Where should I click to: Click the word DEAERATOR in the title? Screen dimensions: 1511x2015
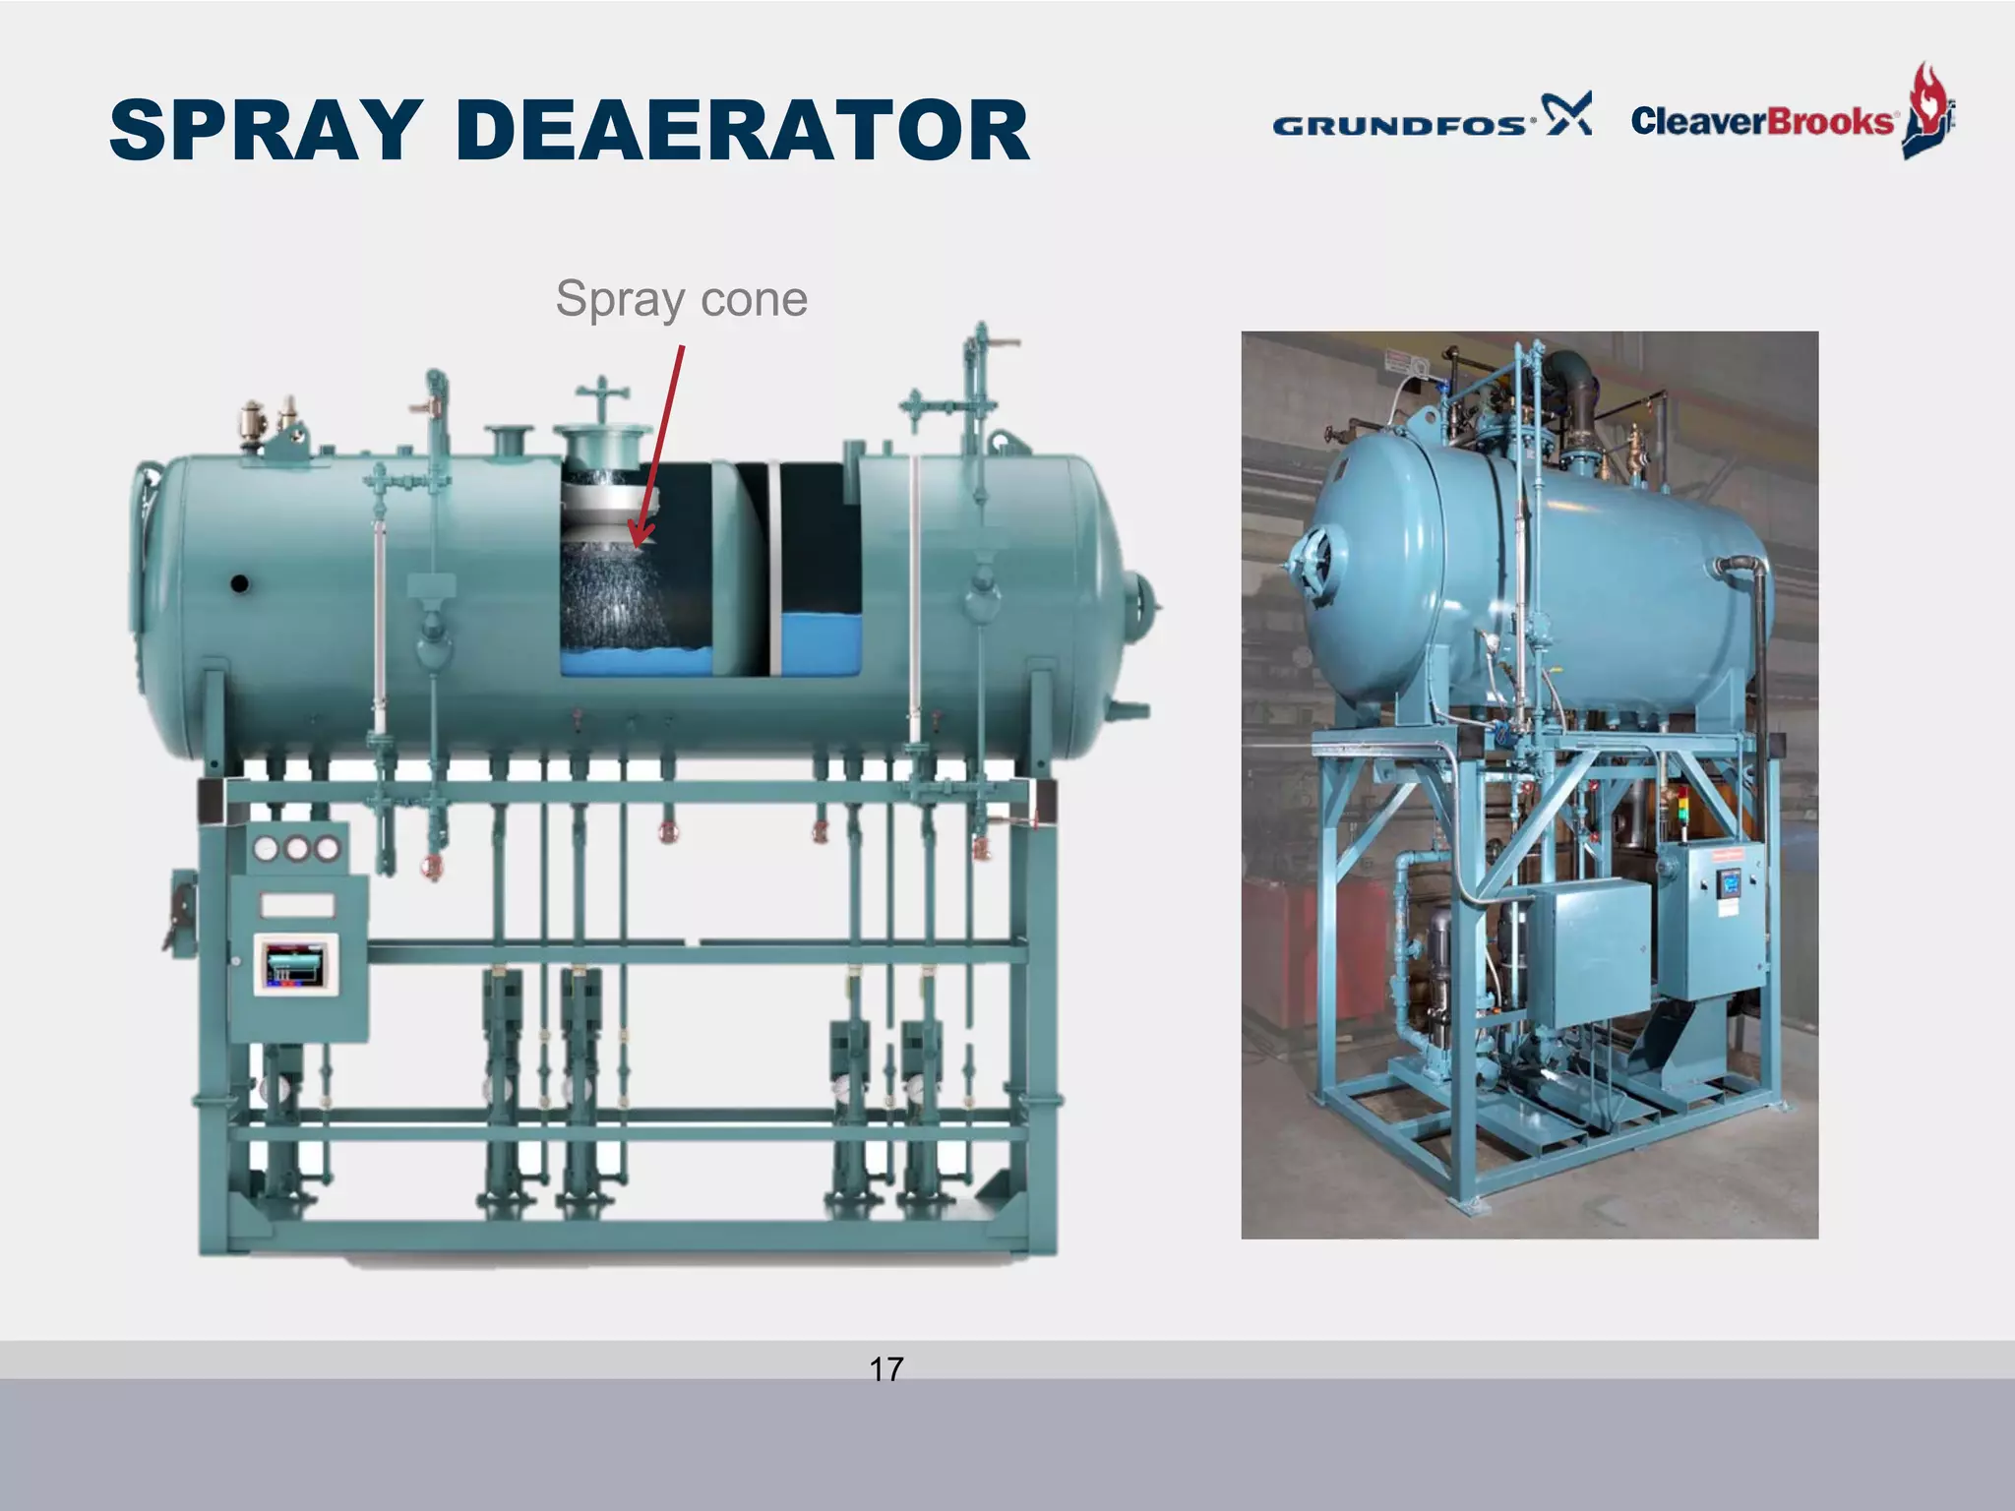pyautogui.click(x=743, y=130)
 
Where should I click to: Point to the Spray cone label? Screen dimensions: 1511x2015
pyautogui.click(x=681, y=298)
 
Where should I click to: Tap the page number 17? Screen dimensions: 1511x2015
pyautogui.click(x=885, y=1368)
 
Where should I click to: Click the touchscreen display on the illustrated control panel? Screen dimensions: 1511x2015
pyautogui.click(x=295, y=964)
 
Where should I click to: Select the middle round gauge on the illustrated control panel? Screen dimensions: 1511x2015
pyautogui.click(x=296, y=848)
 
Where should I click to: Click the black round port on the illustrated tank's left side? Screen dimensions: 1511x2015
pyautogui.click(x=239, y=583)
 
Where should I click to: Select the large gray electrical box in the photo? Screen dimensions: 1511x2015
pyautogui.click(x=1586, y=951)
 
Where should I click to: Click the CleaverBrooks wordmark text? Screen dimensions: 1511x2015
pyautogui.click(x=1761, y=121)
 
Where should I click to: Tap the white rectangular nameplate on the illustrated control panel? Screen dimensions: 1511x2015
pyautogui.click(x=297, y=904)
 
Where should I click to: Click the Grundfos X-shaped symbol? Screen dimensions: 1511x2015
pyautogui.click(x=1566, y=114)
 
